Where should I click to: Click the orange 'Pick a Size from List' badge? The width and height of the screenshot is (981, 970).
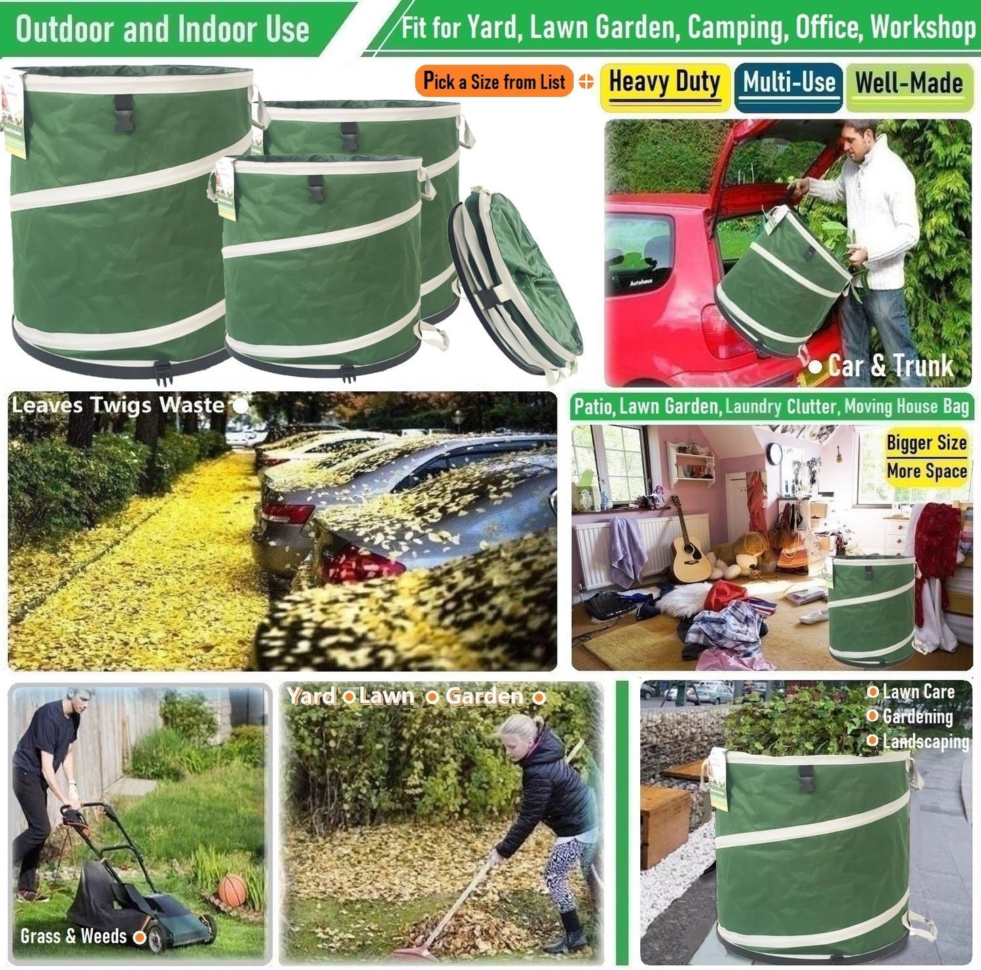pos(494,82)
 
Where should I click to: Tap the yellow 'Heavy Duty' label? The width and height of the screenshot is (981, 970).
pos(664,84)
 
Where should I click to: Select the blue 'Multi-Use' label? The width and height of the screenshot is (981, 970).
pos(788,84)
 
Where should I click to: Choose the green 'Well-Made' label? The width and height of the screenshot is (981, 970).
pos(909,84)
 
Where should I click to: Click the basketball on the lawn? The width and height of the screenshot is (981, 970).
pos(232,890)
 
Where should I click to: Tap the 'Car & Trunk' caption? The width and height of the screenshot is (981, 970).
pos(890,366)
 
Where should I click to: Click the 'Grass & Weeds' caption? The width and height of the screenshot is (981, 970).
pos(74,936)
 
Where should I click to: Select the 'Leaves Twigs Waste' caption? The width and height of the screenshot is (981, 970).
pos(118,406)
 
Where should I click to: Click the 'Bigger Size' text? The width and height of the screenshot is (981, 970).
pos(926,443)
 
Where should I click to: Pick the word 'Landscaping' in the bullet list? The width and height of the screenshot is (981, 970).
pos(925,741)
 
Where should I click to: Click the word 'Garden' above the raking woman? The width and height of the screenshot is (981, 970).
pos(485,697)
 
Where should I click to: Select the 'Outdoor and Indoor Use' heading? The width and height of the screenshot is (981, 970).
pos(162,29)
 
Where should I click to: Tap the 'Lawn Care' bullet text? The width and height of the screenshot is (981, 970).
pos(918,692)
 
